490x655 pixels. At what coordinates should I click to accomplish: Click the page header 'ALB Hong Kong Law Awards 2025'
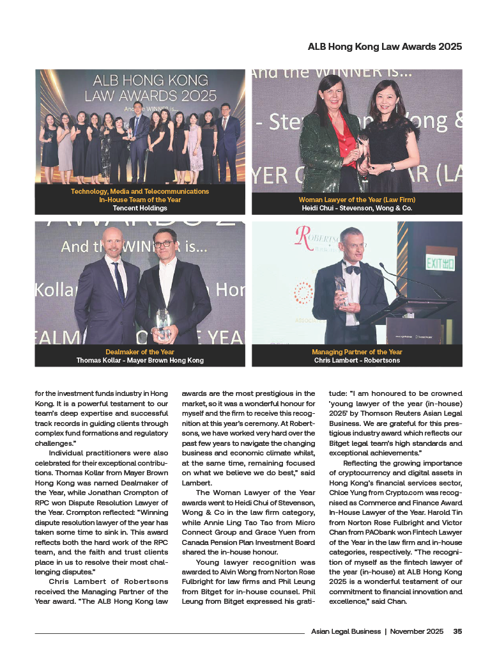coord(385,47)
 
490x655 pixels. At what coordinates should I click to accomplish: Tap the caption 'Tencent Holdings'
coord(140,208)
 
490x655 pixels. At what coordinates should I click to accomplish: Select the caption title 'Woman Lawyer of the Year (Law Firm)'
coord(357,200)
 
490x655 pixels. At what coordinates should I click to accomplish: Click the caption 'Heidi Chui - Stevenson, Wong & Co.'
coord(357,208)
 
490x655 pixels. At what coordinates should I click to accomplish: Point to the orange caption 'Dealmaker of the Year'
coord(140,352)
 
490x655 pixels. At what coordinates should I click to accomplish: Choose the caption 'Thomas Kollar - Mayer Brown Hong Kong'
coord(140,360)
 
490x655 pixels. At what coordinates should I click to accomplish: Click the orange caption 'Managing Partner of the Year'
coord(357,352)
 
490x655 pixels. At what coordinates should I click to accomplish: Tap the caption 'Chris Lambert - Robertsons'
coord(357,360)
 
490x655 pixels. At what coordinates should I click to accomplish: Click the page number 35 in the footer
coord(457,631)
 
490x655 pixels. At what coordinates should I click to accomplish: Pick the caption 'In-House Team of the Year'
coord(140,200)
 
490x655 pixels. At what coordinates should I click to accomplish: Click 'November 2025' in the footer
coord(417,631)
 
